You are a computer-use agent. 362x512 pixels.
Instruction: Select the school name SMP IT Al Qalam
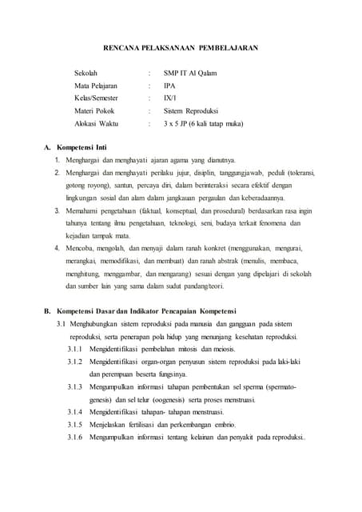pos(189,74)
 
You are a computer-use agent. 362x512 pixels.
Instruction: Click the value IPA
pos(169,86)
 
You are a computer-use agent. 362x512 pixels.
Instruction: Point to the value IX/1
pos(170,98)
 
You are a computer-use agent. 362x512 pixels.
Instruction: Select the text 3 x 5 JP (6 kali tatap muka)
pos(203,124)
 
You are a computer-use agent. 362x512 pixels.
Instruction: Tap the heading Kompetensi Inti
pos(85,148)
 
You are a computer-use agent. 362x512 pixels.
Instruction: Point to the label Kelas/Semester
pos(97,98)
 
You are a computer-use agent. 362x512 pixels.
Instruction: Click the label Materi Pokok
pos(93,111)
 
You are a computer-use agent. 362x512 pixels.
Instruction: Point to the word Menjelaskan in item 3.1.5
pos(113,424)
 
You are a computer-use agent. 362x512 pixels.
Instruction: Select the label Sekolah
pos(87,74)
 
